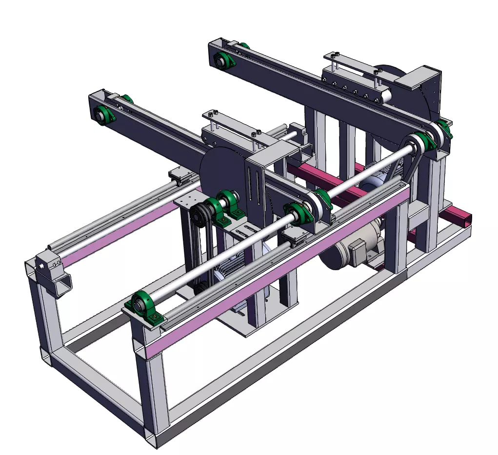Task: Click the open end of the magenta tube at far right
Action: click(x=465, y=218)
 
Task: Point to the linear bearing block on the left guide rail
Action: click(x=179, y=176)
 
